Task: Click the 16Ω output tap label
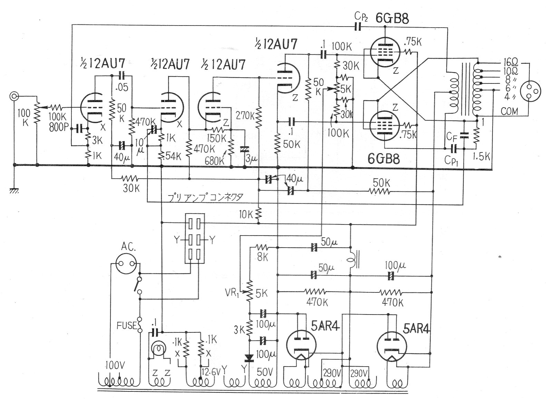pos(510,63)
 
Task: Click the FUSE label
pos(126,325)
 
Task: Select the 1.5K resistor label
pos(481,156)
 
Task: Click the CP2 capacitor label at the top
pos(362,16)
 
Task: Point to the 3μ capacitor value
pos(251,159)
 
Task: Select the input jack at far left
pos(14,96)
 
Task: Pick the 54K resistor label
pos(173,156)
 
